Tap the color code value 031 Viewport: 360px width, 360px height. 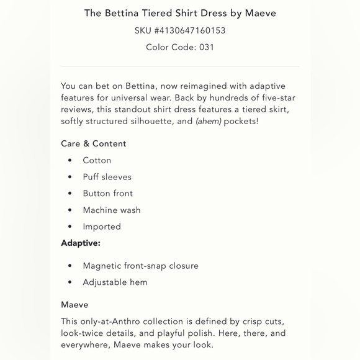[x=207, y=47]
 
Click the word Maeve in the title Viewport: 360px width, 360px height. [x=261, y=13]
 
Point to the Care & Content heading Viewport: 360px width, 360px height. [x=93, y=143]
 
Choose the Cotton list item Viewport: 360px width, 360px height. [x=97, y=160]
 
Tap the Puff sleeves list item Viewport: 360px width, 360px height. [x=107, y=177]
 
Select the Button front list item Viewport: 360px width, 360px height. [x=107, y=194]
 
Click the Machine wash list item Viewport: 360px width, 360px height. [x=112, y=210]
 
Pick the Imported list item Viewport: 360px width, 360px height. [x=102, y=227]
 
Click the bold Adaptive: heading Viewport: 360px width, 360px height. [x=81, y=243]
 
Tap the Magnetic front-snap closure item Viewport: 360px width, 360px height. [x=140, y=266]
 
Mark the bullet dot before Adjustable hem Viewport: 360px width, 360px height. [x=70, y=282]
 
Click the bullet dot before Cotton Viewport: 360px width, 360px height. [x=70, y=161]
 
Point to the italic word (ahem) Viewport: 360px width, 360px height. [x=208, y=121]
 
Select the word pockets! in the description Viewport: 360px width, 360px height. [x=241, y=121]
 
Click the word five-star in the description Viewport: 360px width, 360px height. [x=273, y=97]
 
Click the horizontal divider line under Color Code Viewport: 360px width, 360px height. [x=180, y=66]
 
